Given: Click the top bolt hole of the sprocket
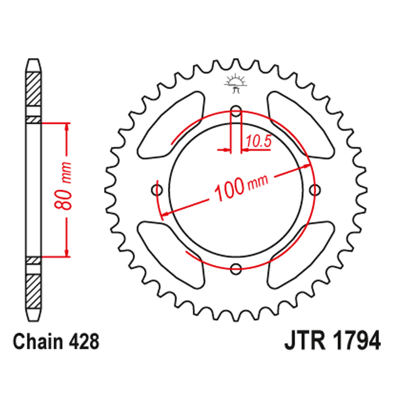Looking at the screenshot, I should pyautogui.click(x=236, y=112).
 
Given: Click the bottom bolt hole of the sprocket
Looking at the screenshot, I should pyautogui.click(x=236, y=269).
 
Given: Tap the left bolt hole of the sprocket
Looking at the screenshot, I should pyautogui.click(x=158, y=190).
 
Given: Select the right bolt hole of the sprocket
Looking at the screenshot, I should pyautogui.click(x=314, y=190).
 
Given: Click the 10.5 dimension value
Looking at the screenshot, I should pyautogui.click(x=259, y=141).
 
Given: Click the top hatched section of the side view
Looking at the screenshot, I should pyautogui.click(x=33, y=89).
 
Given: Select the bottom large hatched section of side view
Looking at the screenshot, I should pyautogui.click(x=33, y=290).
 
